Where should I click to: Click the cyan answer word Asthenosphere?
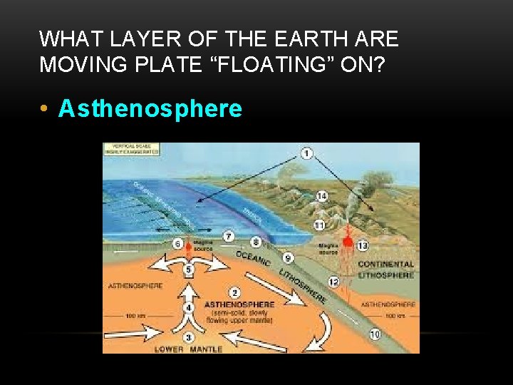click(150, 109)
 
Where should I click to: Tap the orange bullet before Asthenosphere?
click(45, 109)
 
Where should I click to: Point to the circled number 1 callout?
click(306, 153)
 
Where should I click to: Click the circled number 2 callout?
click(234, 292)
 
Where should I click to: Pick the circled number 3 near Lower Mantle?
click(188, 337)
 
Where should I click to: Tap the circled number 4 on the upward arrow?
click(189, 307)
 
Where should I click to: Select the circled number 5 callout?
click(188, 269)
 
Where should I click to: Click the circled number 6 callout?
click(177, 243)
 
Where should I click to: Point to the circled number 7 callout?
click(229, 235)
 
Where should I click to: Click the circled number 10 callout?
click(375, 334)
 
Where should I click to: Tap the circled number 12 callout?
click(333, 283)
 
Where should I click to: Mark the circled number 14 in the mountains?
click(322, 196)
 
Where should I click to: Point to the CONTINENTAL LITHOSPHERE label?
click(385, 269)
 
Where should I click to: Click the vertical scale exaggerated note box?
click(132, 149)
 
